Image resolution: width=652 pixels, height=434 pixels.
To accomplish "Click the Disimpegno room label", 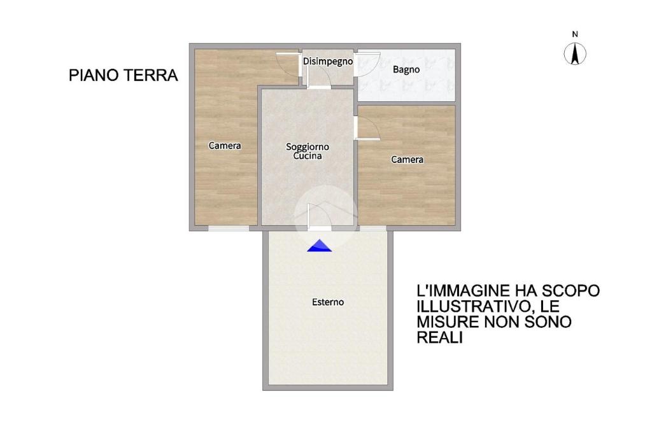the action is [328, 62].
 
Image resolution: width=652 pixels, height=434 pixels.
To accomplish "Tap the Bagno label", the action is [406, 70].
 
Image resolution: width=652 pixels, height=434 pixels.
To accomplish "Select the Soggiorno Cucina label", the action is [308, 151].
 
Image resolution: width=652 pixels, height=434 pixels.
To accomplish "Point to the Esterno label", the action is [328, 302].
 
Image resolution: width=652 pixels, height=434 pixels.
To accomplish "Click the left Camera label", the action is [225, 146].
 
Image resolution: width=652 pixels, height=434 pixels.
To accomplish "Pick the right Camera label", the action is [407, 160].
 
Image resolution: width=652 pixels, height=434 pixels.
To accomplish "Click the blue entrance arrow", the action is [320, 246].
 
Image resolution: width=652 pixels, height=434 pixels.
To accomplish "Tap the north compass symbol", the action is [575, 54].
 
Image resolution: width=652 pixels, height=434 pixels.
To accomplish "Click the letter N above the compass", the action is [575, 34].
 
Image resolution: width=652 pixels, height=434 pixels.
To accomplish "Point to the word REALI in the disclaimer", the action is [440, 337].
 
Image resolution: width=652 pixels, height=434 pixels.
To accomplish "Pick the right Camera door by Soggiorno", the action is [369, 129].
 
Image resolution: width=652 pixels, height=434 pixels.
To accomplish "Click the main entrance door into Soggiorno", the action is [320, 216].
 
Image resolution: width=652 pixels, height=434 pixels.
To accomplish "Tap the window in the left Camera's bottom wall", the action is [229, 228].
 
